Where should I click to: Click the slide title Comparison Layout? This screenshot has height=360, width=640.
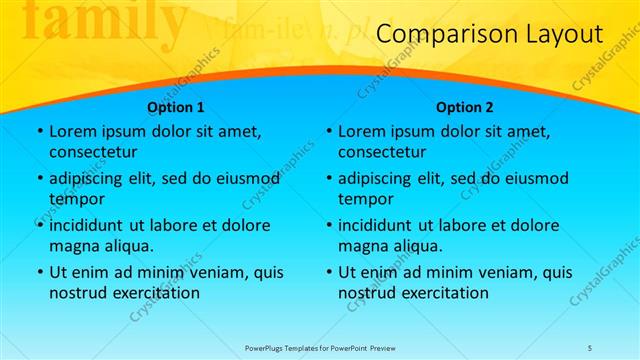pos(490,36)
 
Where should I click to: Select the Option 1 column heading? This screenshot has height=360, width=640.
pos(176,107)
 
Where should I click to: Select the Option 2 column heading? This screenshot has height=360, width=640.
pos(465,107)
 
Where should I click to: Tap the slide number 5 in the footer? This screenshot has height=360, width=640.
pos(590,347)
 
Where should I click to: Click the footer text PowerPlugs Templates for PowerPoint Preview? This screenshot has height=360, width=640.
pos(321,347)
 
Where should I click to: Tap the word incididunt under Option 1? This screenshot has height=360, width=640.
pos(92,226)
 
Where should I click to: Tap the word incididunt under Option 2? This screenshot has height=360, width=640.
pos(381,226)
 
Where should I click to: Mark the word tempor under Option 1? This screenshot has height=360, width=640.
pos(76,199)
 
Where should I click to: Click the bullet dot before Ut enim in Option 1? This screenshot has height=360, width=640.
pos(39,273)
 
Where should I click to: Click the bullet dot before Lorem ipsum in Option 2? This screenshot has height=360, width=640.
pos(328,132)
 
